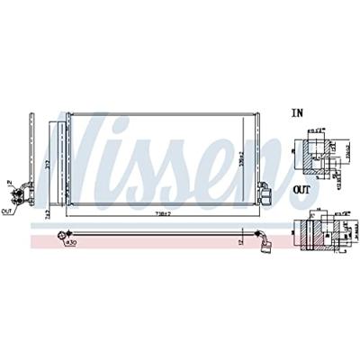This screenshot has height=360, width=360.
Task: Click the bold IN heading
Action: tap(299, 114)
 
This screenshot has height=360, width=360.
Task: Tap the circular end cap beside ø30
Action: tap(61, 234)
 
